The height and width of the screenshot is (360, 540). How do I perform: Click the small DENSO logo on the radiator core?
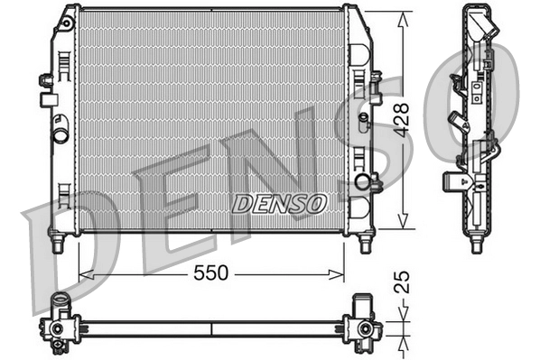click(279, 204)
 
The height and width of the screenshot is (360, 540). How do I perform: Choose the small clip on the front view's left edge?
click(45, 80)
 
